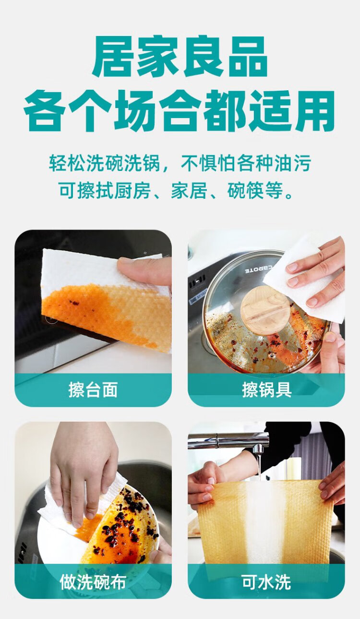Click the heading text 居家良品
click(180, 56)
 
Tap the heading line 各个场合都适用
click(180, 110)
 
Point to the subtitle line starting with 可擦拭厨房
click(177, 190)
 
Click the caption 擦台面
click(93, 389)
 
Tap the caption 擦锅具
click(266, 389)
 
